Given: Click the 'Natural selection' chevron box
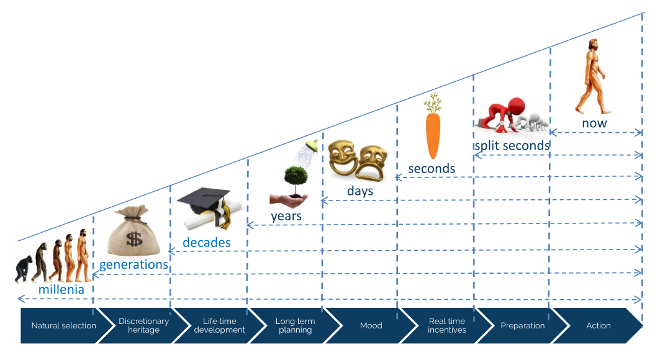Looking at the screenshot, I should click(x=63, y=325).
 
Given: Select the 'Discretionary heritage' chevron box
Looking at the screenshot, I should click(x=143, y=325).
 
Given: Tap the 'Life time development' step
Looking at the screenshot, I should click(x=219, y=325).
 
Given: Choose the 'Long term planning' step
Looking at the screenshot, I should click(x=295, y=325).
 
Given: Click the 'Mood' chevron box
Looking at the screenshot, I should click(x=371, y=325).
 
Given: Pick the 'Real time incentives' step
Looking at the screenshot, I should click(x=447, y=325).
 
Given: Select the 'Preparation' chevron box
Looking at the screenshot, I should click(x=523, y=325).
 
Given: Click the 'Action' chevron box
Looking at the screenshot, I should click(x=598, y=325).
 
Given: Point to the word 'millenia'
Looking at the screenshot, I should click(x=61, y=289).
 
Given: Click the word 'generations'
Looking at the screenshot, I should click(x=134, y=264).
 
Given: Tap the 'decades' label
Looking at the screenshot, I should click(x=206, y=242).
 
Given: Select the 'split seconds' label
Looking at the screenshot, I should click(x=512, y=146).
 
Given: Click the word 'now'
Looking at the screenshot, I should click(x=594, y=123).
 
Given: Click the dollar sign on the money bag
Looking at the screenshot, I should click(x=134, y=238).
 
